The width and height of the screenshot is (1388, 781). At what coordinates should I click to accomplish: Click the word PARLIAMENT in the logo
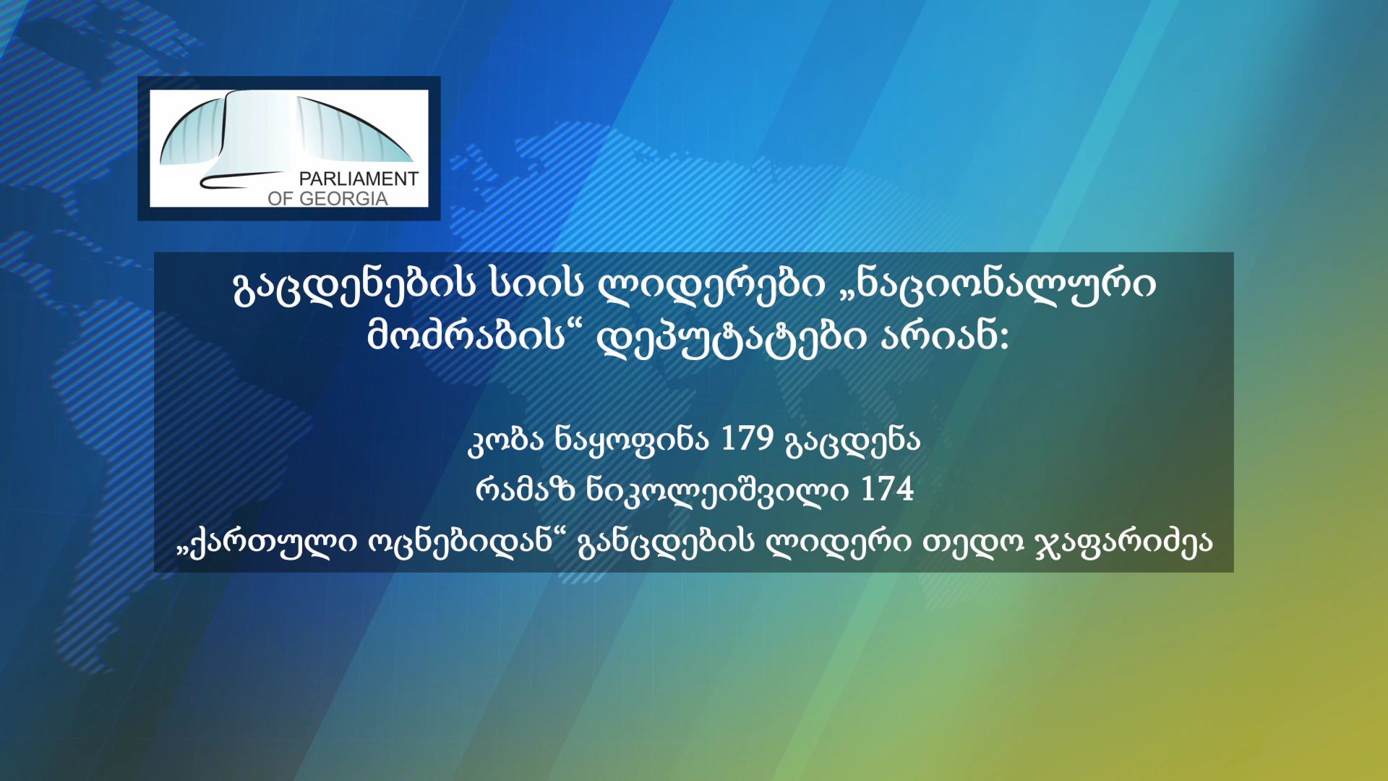359,179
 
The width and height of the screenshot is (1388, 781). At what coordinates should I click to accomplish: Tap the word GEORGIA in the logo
343,198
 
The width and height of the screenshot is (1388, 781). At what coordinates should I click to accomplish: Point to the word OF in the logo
280,198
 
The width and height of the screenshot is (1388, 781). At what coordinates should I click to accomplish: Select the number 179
747,438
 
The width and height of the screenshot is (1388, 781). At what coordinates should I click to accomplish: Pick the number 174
887,489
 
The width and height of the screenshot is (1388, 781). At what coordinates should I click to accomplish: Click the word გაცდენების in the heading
354,284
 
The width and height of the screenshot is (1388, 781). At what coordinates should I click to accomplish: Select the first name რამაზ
524,490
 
